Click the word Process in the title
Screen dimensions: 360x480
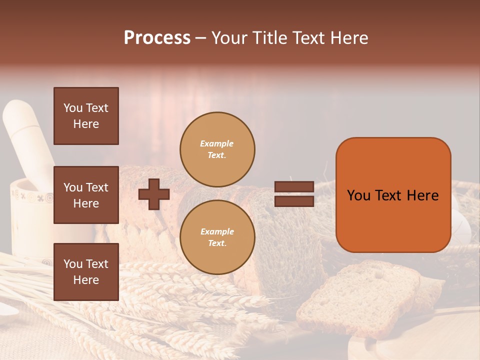pyautogui.click(x=157, y=38)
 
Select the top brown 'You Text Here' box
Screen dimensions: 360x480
pyautogui.click(x=86, y=116)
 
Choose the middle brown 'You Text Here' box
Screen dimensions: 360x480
pyautogui.click(x=86, y=195)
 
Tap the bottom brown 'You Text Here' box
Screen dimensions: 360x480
pyautogui.click(x=86, y=271)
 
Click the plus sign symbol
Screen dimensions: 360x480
pyautogui.click(x=154, y=194)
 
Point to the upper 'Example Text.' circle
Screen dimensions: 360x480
pyautogui.click(x=217, y=149)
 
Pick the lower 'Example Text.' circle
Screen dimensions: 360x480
pyautogui.click(x=217, y=237)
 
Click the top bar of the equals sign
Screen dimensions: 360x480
pyautogui.click(x=294, y=187)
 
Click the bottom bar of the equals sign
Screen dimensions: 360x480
pyautogui.click(x=294, y=201)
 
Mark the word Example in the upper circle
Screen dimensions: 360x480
pyautogui.click(x=216, y=143)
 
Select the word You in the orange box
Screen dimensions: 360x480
pyautogui.click(x=358, y=195)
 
